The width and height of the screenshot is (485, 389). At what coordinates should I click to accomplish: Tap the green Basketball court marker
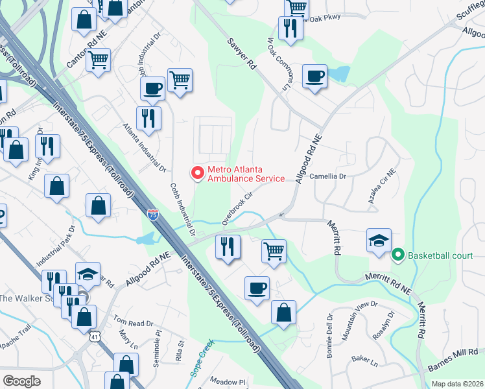point(399,255)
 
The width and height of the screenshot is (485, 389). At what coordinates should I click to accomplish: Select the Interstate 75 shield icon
point(153,215)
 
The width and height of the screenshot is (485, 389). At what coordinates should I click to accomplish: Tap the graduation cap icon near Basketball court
point(379,241)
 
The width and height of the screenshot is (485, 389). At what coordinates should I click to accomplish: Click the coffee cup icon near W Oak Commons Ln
point(315,77)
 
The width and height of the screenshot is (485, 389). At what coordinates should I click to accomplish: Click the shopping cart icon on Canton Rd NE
point(98,60)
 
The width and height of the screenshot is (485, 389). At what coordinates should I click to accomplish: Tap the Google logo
point(21,381)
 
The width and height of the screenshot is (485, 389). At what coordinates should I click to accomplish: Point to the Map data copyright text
point(457,384)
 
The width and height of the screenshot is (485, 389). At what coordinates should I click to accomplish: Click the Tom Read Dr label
point(133,322)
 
